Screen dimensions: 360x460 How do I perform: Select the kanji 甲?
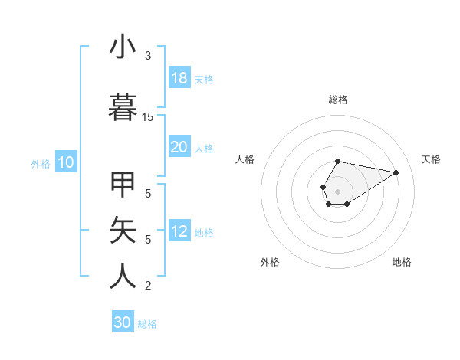123,185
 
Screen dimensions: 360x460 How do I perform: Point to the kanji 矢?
123,231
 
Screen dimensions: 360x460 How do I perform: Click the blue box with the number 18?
179,78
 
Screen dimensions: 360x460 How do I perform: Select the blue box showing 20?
179,147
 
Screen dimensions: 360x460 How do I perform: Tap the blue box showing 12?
179,231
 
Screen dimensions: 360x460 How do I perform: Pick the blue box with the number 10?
65,162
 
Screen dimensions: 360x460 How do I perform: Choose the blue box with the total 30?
123,322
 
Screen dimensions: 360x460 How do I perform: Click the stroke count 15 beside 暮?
148,117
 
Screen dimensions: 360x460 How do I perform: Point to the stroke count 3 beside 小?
148,56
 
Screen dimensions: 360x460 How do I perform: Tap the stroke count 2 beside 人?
148,286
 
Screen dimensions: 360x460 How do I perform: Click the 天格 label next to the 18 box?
203,79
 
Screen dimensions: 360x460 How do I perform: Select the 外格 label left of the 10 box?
41,163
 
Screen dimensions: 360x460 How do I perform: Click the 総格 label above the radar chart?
338,100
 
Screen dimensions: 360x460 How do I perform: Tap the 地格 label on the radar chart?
402,262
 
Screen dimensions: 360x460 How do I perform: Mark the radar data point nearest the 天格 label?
396,172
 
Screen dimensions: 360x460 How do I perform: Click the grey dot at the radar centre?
338,191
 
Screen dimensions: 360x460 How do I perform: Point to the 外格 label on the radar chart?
270,262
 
